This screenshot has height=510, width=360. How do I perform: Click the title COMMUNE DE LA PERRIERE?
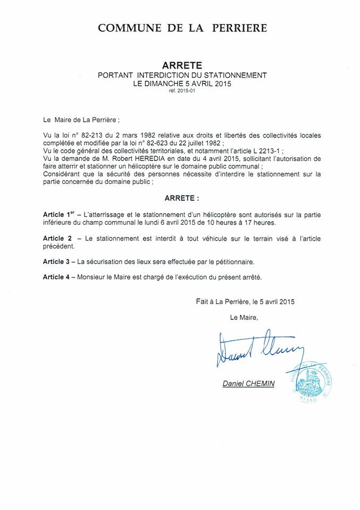182,28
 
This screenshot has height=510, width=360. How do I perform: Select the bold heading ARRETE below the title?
182,66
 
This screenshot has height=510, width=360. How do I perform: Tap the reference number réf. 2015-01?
182,91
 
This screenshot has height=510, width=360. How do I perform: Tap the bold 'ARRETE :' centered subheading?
182,198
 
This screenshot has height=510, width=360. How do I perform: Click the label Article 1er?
58,214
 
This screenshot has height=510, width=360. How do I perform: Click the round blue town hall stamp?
313,384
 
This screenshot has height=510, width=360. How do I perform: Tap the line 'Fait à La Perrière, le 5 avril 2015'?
245,301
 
